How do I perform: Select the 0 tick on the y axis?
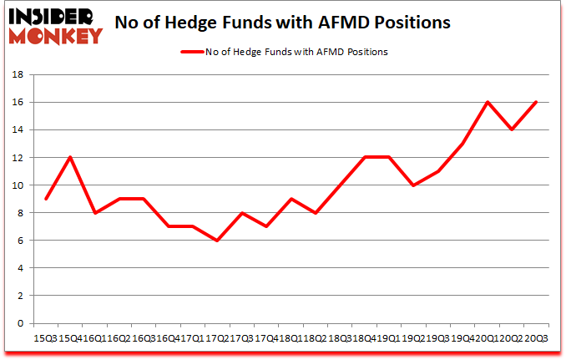coord(19,324)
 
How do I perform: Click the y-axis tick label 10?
coord(16,185)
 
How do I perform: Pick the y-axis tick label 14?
coord(16,130)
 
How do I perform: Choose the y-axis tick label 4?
coord(19,269)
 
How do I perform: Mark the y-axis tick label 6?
coord(19,241)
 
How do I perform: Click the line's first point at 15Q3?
coord(46,199)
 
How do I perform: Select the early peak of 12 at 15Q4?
coord(70,158)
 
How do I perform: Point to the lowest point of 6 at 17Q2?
coord(218,241)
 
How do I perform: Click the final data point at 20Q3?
coord(536,103)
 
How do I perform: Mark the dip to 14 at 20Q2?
coord(512,129)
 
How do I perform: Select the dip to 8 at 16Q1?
coord(95,213)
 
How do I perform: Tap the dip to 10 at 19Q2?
coord(413,185)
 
